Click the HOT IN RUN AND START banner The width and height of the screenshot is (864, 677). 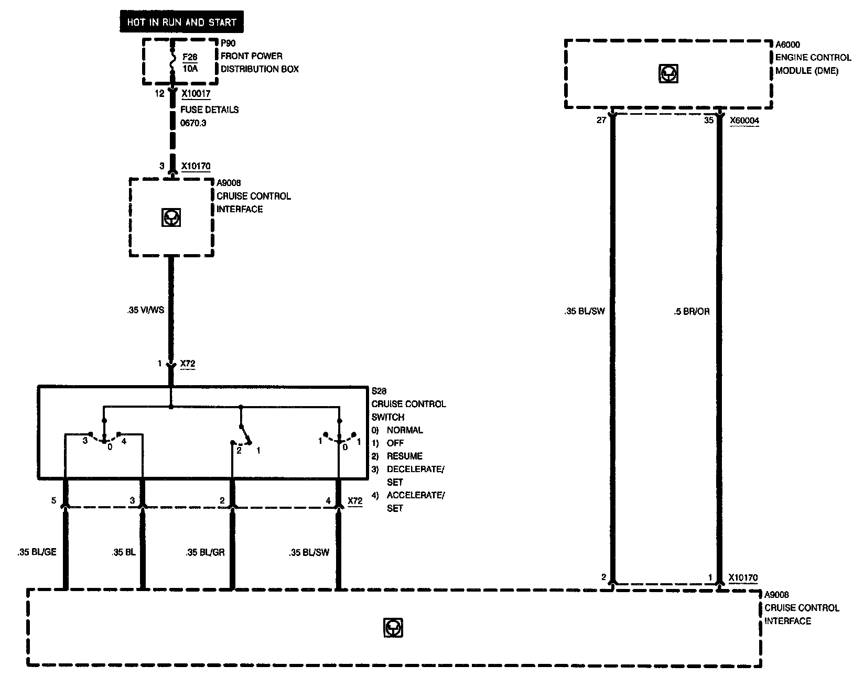pyautogui.click(x=181, y=23)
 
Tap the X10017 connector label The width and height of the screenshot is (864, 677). pyautogui.click(x=196, y=94)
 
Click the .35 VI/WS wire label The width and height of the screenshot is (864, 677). pyautogui.click(x=145, y=310)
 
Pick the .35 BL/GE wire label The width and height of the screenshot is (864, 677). pyautogui.click(x=37, y=552)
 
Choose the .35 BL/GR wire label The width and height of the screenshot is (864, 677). pyautogui.click(x=205, y=552)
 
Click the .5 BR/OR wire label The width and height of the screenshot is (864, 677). pyautogui.click(x=692, y=312)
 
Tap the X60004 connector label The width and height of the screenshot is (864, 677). pyautogui.click(x=744, y=121)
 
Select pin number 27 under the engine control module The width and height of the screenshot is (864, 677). pyautogui.click(x=601, y=121)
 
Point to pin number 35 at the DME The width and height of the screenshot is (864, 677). pyautogui.click(x=708, y=121)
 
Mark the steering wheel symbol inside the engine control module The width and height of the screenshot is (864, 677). pyautogui.click(x=668, y=74)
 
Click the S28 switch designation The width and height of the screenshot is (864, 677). pyautogui.click(x=379, y=391)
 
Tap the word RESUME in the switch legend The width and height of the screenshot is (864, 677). pyautogui.click(x=404, y=456)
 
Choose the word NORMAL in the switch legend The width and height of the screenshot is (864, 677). pyautogui.click(x=405, y=430)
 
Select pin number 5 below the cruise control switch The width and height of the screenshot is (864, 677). pyautogui.click(x=53, y=501)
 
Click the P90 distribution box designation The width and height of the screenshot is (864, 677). pyautogui.click(x=228, y=43)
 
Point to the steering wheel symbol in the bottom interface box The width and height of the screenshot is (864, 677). pyautogui.click(x=393, y=628)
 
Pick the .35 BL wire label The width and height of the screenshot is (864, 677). pyautogui.click(x=124, y=552)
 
